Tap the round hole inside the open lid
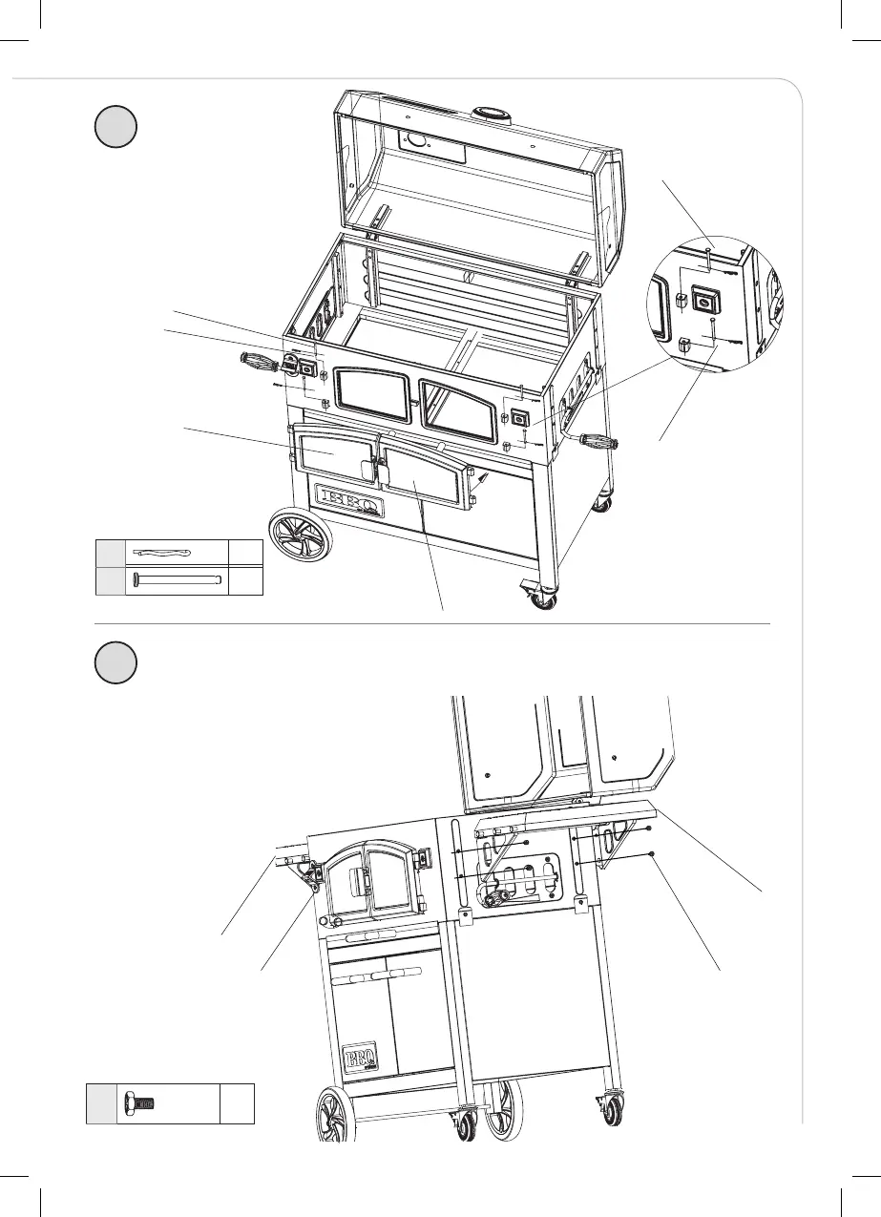(x=416, y=140)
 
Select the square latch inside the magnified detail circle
(x=704, y=300)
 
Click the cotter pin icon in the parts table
(x=163, y=553)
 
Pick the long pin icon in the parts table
(x=178, y=579)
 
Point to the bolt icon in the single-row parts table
(x=140, y=1103)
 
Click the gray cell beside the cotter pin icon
(x=110, y=553)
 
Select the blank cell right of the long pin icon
(x=245, y=579)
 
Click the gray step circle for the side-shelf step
(x=117, y=661)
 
